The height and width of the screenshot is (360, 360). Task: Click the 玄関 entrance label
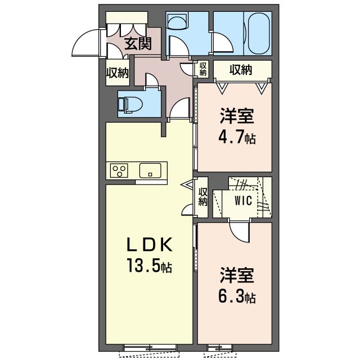pyautogui.click(x=138, y=43)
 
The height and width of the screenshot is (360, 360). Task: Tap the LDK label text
pyautogui.click(x=150, y=245)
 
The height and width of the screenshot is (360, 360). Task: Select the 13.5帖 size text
pyautogui.click(x=150, y=265)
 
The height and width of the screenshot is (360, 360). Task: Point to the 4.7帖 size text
pyautogui.click(x=237, y=137)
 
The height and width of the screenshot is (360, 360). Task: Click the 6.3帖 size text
pyautogui.click(x=237, y=296)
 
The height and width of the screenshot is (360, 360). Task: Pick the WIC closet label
pyautogui.click(x=243, y=201)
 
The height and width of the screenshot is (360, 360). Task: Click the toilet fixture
pyautogui.click(x=130, y=105)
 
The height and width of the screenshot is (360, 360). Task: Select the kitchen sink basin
pyautogui.click(x=150, y=170)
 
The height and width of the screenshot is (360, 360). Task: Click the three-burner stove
pyautogui.click(x=119, y=170)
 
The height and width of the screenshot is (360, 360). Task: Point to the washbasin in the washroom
pyautogui.click(x=178, y=21)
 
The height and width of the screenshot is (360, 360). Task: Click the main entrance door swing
pyautogui.click(x=86, y=43)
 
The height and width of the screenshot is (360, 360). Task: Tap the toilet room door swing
pyautogui.click(x=151, y=80)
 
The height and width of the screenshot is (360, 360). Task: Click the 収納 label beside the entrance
pyautogui.click(x=118, y=73)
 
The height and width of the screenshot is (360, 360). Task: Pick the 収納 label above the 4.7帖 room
pyautogui.click(x=241, y=69)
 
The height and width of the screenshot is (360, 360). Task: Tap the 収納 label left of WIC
pyautogui.click(x=203, y=197)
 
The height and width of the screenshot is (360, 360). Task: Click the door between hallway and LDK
pyautogui.click(x=180, y=108)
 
